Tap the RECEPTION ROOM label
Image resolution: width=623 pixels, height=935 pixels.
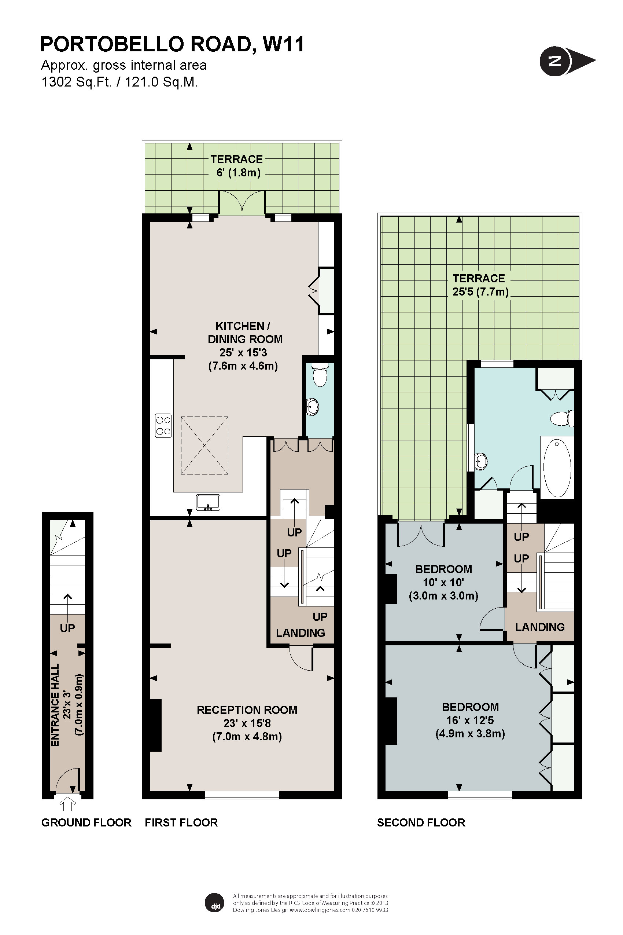tap(247, 710)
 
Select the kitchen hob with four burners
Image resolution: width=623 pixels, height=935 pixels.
tap(163, 425)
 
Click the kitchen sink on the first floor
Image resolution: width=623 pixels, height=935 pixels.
tap(208, 502)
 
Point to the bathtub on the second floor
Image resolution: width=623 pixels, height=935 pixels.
tap(557, 468)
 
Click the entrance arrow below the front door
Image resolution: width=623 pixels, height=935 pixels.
tap(68, 803)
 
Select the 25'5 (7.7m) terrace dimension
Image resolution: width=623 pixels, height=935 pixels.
tap(480, 292)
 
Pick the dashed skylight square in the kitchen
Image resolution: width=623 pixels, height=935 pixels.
tap(204, 445)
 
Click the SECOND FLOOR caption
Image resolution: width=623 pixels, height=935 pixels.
tap(421, 822)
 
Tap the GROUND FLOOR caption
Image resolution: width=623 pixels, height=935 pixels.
tap(86, 822)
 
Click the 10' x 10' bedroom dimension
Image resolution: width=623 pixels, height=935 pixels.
tap(443, 582)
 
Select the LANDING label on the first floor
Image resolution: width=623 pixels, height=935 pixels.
tap(301, 633)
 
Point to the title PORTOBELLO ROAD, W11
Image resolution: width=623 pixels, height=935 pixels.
tap(172, 44)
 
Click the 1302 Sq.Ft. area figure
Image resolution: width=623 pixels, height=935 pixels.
tap(76, 82)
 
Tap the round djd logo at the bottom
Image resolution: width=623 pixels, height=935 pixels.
tap(214, 903)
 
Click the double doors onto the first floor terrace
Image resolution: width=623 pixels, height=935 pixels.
tap(242, 203)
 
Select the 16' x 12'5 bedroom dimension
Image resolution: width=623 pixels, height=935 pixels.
tap(470, 720)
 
